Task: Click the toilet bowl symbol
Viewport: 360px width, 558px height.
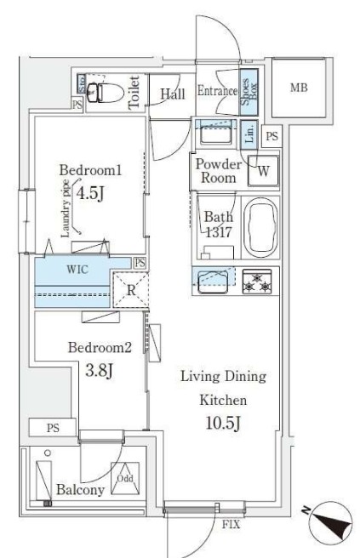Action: [106, 93]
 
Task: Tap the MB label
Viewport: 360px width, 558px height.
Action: [299, 87]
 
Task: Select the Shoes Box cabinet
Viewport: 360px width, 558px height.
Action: [249, 92]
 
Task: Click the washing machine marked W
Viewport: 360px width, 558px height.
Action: [264, 171]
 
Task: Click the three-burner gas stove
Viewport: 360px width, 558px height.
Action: [257, 282]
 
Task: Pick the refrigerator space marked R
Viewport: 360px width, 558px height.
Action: [131, 290]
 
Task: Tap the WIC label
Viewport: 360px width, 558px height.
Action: [77, 269]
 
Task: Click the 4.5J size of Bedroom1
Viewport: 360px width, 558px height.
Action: [90, 194]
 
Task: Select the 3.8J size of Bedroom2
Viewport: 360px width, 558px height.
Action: [99, 371]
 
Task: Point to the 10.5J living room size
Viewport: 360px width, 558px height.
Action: [223, 423]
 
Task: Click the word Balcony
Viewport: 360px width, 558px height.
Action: [81, 490]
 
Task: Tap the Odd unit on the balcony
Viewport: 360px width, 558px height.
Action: [125, 478]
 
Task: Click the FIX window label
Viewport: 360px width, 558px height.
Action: [231, 524]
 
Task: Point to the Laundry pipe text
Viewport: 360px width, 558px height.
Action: [66, 208]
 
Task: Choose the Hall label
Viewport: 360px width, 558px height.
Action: [173, 94]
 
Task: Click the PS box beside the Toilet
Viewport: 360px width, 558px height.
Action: [77, 105]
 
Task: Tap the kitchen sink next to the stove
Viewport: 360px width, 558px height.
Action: [213, 282]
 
